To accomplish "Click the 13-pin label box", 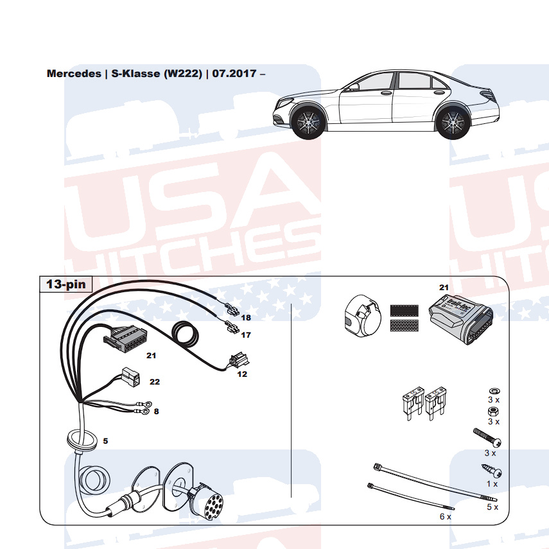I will coord(67,284).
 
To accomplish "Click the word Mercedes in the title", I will coord(74,73).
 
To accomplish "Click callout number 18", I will coord(246,317).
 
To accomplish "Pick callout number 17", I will coord(246,335).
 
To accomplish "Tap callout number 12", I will coord(242,374).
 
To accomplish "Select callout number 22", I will coord(155,381).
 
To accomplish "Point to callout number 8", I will coord(156,412).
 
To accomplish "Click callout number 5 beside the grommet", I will coord(105,441).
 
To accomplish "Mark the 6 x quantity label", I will coord(445,516).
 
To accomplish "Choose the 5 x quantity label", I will coord(492,507).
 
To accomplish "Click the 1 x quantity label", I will coord(492,483).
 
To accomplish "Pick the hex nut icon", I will coord(492,410).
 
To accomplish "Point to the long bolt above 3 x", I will coord(487,438).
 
